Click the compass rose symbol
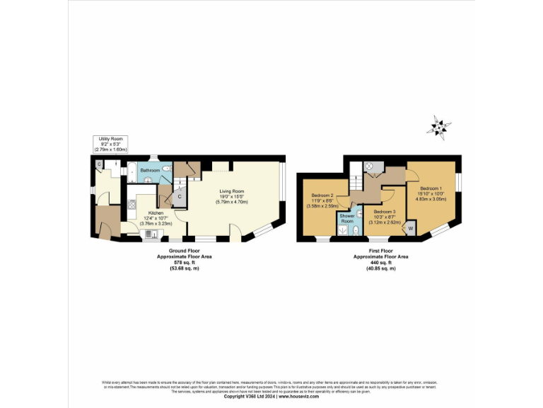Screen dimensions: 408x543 coord(440,127)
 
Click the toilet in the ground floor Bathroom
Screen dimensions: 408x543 coord(166,170)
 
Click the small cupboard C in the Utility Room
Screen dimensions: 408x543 coord(100,165)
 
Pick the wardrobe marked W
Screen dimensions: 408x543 coord(410,229)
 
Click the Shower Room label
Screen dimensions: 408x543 coord(346,217)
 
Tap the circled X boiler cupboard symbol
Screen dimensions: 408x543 coord(368,166)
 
